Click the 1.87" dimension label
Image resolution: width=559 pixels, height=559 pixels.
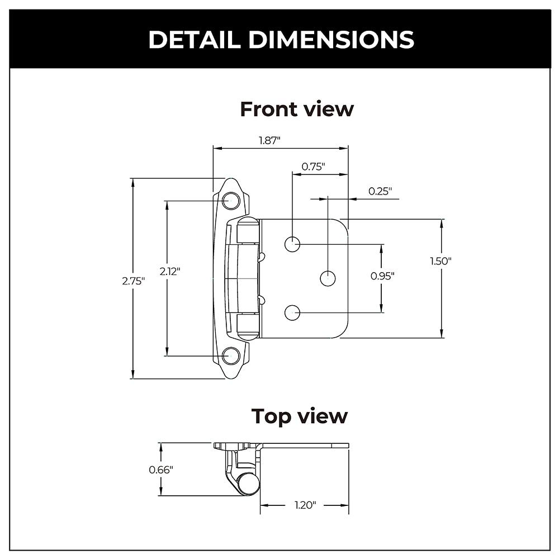click(x=269, y=140)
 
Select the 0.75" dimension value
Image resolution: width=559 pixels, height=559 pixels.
click(x=313, y=166)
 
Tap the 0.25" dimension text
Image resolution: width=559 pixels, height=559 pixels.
click(x=380, y=191)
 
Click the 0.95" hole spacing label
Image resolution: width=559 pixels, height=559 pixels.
click(x=382, y=276)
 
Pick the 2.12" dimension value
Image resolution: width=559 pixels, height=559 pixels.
click(x=169, y=272)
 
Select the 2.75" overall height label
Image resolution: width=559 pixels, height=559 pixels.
click(x=134, y=281)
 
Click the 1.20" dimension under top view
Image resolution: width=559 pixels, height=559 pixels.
click(x=305, y=505)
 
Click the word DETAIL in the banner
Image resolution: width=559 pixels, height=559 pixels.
click(x=196, y=40)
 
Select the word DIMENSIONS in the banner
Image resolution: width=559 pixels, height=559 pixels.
click(x=331, y=40)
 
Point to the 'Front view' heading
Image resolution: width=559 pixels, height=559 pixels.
click(x=297, y=109)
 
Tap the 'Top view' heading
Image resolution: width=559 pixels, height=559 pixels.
click(x=299, y=416)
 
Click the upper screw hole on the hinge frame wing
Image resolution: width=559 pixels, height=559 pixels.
click(x=230, y=201)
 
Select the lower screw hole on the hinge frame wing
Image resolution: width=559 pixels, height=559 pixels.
click(x=230, y=355)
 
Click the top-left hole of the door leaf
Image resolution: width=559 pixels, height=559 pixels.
click(x=292, y=244)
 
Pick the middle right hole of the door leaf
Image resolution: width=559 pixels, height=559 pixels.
click(x=328, y=278)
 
